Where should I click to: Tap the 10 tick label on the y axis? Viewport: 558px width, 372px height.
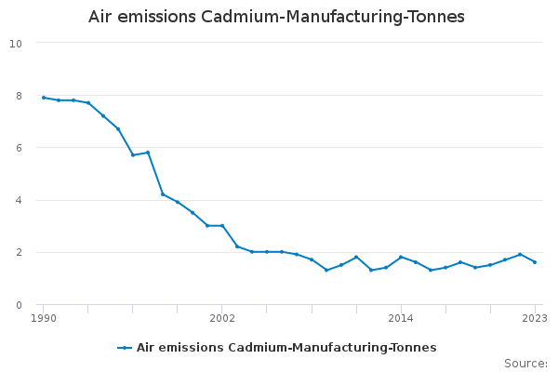(16, 43)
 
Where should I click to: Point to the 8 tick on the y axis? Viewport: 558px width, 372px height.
(19, 95)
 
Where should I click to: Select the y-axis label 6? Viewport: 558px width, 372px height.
(19, 147)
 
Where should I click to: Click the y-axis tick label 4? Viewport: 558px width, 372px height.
(19, 200)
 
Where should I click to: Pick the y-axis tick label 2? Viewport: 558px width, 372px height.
(19, 252)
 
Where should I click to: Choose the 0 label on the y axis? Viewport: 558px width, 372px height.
(19, 304)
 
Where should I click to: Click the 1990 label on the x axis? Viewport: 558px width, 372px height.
(43, 318)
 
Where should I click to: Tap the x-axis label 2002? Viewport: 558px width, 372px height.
(222, 318)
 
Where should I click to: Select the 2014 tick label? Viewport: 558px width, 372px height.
(401, 318)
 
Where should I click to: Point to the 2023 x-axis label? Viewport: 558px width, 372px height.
(534, 318)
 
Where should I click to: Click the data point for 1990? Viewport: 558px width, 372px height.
(43, 98)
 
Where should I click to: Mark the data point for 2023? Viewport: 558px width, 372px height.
(535, 262)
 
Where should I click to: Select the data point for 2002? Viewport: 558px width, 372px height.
(222, 226)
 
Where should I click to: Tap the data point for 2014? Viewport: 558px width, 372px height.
(401, 257)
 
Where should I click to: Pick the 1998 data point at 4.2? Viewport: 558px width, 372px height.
(163, 194)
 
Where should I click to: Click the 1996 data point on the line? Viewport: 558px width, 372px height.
(133, 155)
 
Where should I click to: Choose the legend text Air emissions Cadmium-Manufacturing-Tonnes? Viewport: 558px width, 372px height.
(286, 348)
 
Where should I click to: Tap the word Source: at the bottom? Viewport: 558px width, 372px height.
(525, 364)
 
